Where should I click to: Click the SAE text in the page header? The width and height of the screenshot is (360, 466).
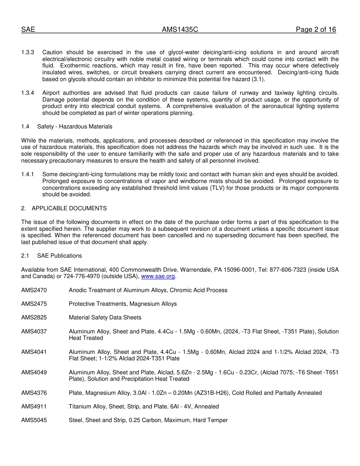pyautogui.click(x=28, y=30)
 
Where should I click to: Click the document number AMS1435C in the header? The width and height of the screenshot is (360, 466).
pyautogui.click(x=180, y=30)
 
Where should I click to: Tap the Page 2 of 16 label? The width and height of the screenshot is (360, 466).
pyautogui.click(x=316, y=30)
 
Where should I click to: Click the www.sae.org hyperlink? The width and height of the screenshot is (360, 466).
pyautogui.click(x=158, y=277)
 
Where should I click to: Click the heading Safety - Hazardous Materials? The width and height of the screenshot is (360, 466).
pyautogui.click(x=75, y=127)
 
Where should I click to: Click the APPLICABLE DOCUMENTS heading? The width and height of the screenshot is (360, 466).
pyautogui.click(x=69, y=208)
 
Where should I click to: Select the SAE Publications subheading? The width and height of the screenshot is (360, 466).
pyautogui.click(x=59, y=256)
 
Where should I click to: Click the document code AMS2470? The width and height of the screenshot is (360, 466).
pyautogui.click(x=34, y=290)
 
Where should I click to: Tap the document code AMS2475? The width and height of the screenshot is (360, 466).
pyautogui.click(x=34, y=304)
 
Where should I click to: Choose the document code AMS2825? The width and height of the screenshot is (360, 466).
pyautogui.click(x=34, y=317)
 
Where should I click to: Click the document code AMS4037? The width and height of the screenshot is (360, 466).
pyautogui.click(x=34, y=332)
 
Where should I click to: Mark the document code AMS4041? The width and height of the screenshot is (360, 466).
pyautogui.click(x=34, y=352)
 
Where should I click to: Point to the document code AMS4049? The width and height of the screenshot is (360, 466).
pyautogui.click(x=34, y=372)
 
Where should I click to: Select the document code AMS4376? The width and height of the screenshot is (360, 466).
pyautogui.click(x=34, y=393)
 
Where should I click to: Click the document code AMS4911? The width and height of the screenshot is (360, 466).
pyautogui.click(x=34, y=407)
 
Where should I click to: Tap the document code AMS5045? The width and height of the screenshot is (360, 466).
pyautogui.click(x=34, y=420)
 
